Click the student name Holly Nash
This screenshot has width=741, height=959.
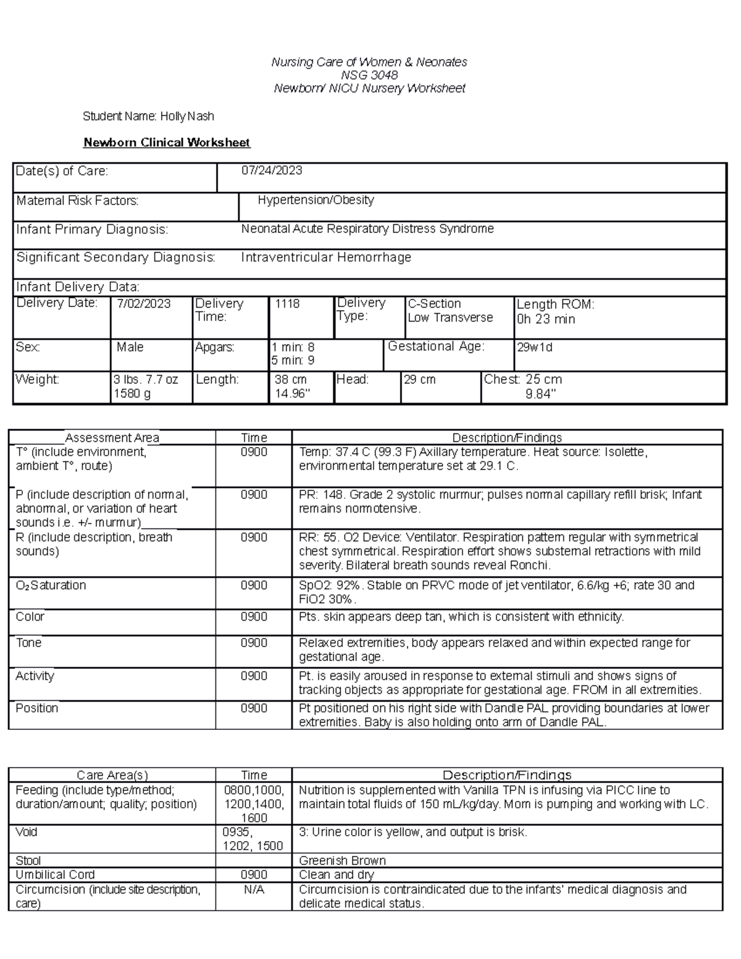pos(186,116)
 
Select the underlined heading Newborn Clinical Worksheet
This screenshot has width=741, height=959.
pos(167,143)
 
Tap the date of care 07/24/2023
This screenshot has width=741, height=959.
pos(271,170)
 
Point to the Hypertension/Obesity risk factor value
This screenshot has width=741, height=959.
pos(316,200)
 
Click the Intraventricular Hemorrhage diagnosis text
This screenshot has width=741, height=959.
pos(326,258)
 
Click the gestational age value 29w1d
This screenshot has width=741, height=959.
pos(534,347)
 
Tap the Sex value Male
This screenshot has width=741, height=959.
pos(130,347)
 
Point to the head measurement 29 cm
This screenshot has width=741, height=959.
pos(419,380)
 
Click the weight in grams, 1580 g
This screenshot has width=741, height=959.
pos(132,394)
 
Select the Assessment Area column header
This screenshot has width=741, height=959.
pos(112,438)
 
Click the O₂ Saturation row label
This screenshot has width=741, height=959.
pos(51,585)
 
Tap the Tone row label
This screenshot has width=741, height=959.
pos(28,643)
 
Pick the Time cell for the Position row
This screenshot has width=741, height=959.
pos(254,708)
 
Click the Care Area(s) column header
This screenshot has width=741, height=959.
pos(112,775)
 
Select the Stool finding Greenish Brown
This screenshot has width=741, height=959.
pos(342,860)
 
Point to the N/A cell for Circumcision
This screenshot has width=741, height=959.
pos(254,890)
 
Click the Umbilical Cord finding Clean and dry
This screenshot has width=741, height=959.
pos(336,874)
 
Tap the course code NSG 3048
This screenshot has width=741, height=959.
pos(369,75)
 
